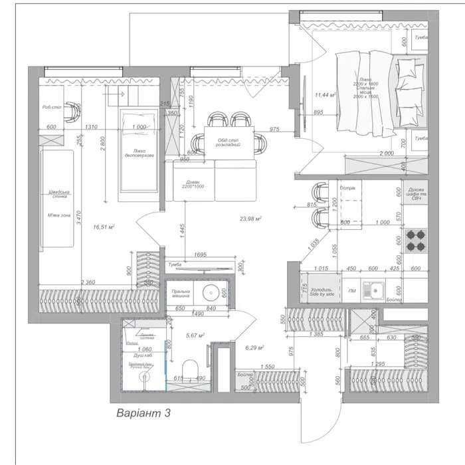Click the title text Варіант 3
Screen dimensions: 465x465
[143, 413]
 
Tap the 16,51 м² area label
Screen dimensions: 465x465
[104, 227]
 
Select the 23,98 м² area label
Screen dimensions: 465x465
[250, 218]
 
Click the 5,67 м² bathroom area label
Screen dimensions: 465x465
[195, 335]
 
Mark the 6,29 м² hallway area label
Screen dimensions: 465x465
[254, 347]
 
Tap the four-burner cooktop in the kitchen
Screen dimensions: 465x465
[416, 240]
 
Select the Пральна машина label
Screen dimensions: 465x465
[181, 294]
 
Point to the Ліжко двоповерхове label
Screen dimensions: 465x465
[139, 153]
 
